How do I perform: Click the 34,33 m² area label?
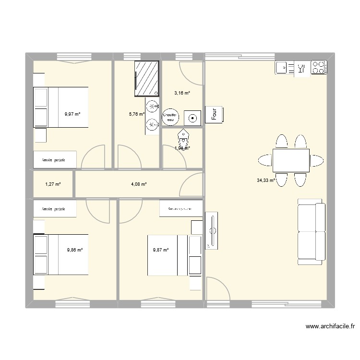265,180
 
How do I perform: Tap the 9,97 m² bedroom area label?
72,114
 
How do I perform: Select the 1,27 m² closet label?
53,184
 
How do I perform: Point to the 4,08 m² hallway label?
139,184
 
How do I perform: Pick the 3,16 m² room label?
182,93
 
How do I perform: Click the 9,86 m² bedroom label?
75,250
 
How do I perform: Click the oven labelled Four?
215,114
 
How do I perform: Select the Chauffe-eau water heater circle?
170,117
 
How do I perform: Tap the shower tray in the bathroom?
146,78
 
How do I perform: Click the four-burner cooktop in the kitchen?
319,67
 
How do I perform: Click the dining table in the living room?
290,160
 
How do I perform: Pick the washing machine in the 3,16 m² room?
193,117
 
